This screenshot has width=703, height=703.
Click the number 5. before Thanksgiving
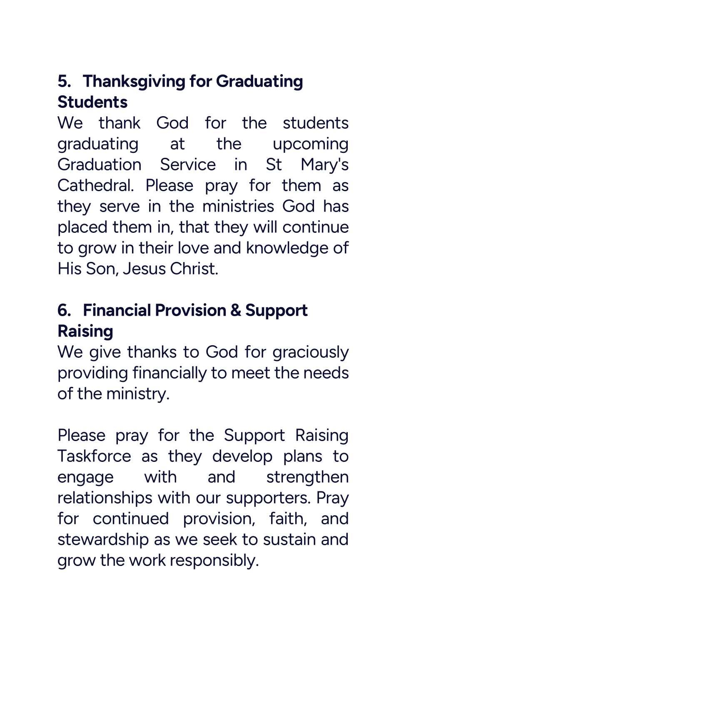[64, 81]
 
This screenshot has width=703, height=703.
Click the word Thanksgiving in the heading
[134, 81]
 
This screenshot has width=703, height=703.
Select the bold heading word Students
[92, 102]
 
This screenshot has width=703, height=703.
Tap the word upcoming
[310, 144]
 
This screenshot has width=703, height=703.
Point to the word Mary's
[324, 165]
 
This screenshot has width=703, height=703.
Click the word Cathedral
[95, 185]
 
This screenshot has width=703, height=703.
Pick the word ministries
[238, 206]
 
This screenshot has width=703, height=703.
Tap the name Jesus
[144, 269]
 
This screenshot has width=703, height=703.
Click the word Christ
[194, 269]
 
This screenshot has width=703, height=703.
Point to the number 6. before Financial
[64, 310]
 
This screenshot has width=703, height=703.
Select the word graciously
[310, 352]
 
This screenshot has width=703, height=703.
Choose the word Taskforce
[94, 456]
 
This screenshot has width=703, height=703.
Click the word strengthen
[307, 477]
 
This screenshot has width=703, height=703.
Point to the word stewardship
[103, 539]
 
